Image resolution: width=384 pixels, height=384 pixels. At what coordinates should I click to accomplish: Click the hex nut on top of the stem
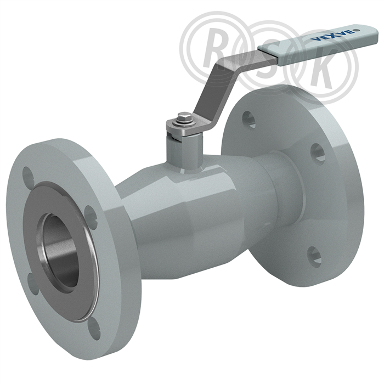tap(184, 116)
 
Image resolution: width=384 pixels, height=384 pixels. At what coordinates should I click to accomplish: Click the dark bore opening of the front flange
tap(60, 252)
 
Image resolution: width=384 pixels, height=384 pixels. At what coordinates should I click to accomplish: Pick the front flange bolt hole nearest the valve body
tap(91, 217)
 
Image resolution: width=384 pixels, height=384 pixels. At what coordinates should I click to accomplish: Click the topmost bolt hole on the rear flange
tap(249, 120)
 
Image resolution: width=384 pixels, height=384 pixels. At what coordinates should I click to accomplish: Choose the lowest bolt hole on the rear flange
tap(314, 257)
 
